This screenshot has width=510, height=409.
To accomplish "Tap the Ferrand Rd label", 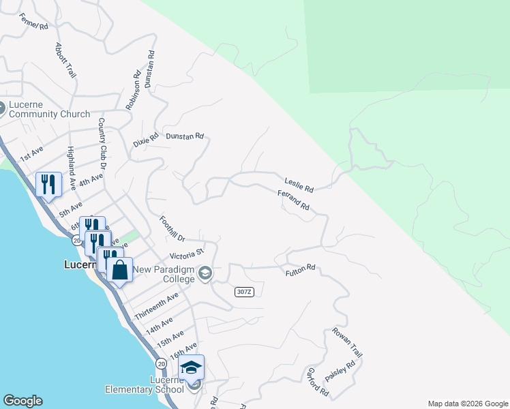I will coord(294,200).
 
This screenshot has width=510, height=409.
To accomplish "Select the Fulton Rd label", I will coord(300,271).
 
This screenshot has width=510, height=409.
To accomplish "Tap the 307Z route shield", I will coord(244,292).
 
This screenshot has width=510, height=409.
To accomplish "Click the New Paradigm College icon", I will coord(205,274).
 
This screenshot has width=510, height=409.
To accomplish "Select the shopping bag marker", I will coord(119,270).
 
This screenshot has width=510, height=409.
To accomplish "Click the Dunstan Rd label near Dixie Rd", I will coord(185,136).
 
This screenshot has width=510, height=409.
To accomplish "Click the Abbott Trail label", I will coord(65,60).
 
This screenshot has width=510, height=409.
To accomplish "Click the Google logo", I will coord(22,401).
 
